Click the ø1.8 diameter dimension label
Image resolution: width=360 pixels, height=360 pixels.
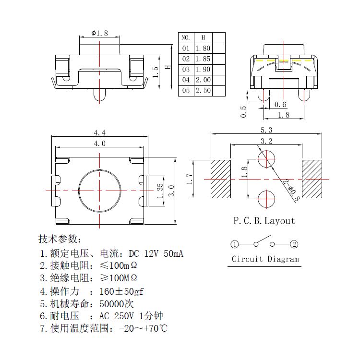[x=99, y=33]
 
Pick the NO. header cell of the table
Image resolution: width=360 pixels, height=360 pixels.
[x=186, y=37]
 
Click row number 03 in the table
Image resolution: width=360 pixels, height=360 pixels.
[x=186, y=69]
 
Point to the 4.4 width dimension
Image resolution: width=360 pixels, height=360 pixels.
[x=100, y=132]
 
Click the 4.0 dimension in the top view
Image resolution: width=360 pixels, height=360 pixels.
[x=100, y=143]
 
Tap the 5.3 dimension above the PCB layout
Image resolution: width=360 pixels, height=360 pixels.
[x=266, y=130]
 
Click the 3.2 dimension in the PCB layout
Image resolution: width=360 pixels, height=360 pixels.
[x=266, y=141]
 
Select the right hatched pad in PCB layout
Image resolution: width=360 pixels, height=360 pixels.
[x=312, y=179]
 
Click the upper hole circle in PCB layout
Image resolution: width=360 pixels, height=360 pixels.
[x=266, y=159]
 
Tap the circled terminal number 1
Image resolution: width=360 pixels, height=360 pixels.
[x=234, y=244]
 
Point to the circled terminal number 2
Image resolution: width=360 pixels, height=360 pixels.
[x=294, y=244]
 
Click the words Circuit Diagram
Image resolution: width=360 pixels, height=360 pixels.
[x=265, y=259]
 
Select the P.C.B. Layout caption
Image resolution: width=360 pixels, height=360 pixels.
[x=264, y=221]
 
